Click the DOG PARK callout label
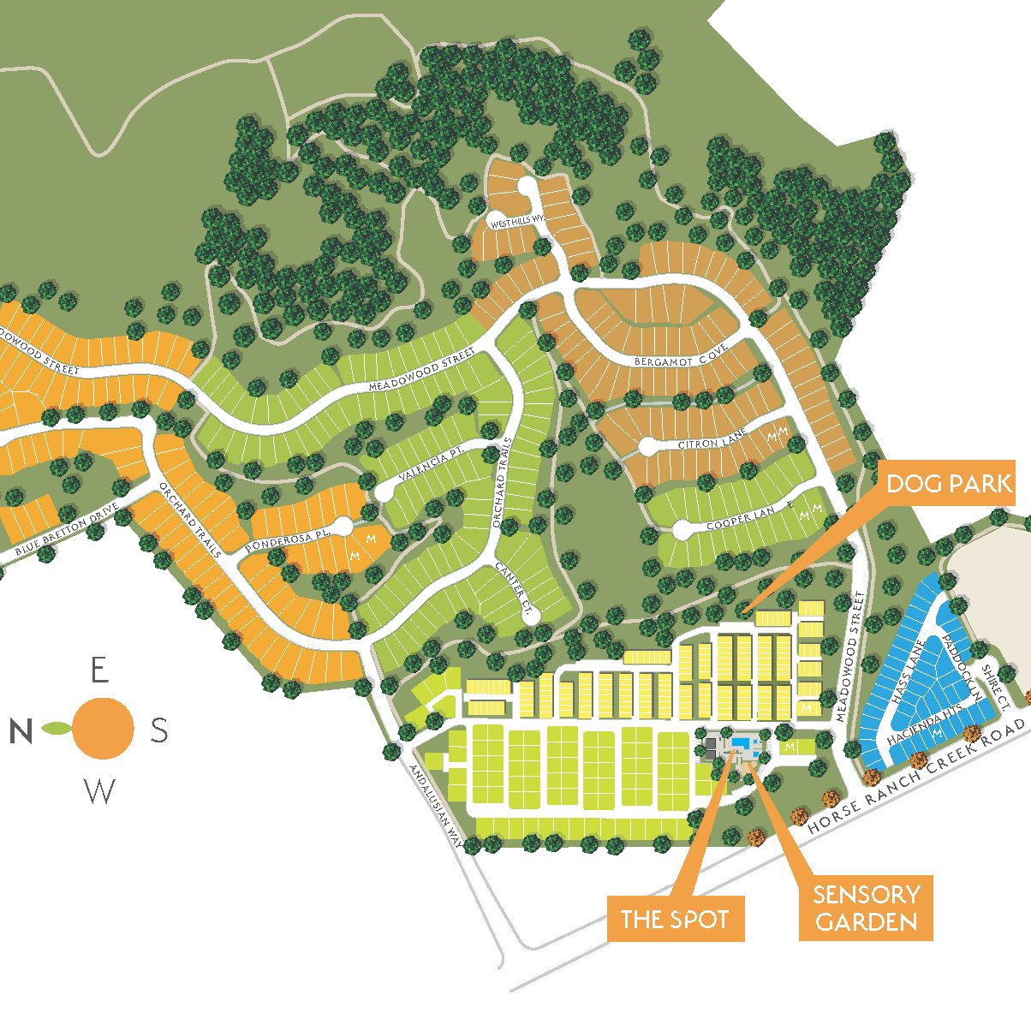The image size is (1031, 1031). click(949, 484)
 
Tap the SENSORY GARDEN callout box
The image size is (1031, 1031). click(866, 908)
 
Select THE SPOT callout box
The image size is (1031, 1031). click(675, 919)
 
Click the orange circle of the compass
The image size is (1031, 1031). click(103, 728)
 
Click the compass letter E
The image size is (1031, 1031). click(100, 670)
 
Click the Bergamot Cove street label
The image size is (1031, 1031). click(681, 356)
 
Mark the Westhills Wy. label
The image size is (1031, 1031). click(517, 222)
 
